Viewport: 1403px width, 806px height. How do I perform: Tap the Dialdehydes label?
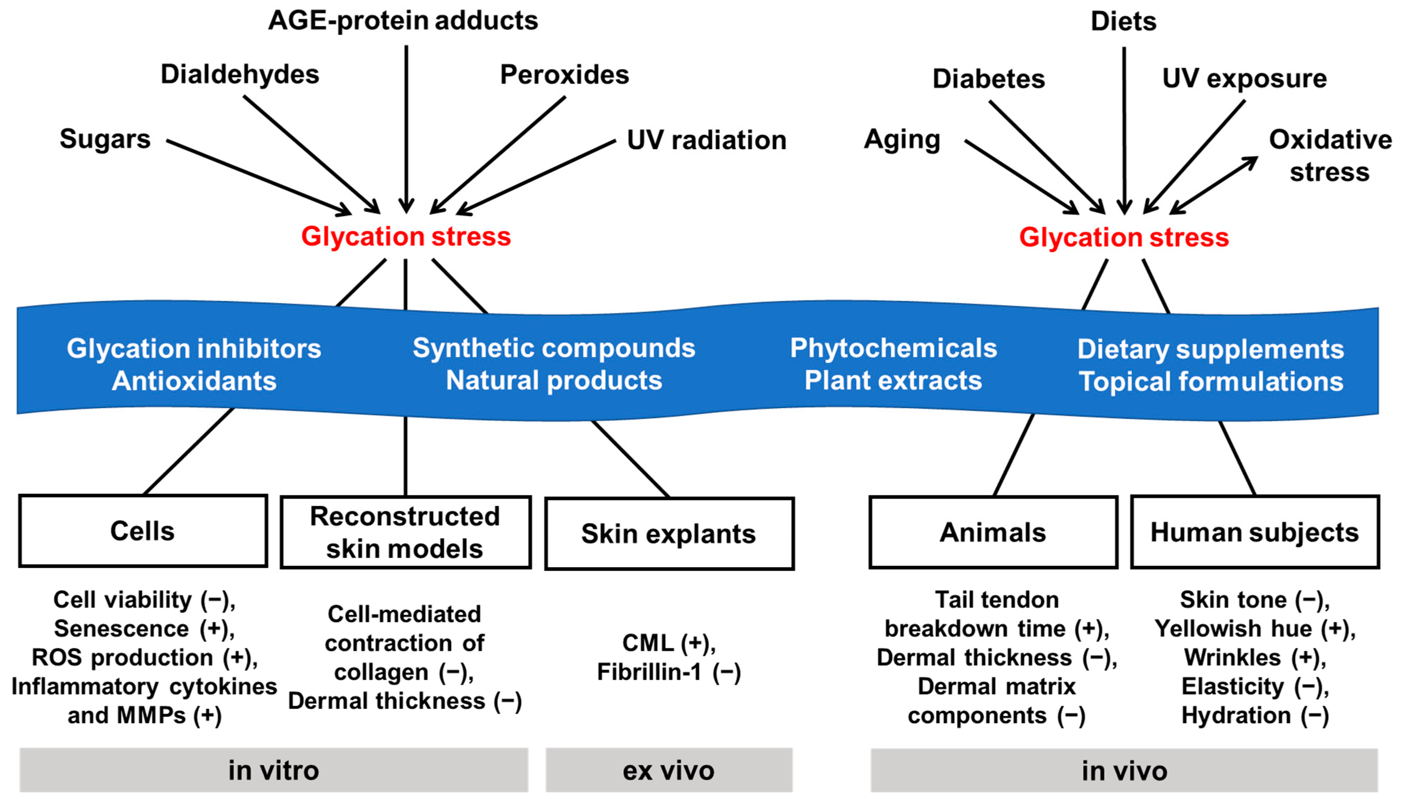(240, 74)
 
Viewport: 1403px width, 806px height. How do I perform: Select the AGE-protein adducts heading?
(403, 21)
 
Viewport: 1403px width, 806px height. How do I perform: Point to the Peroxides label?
(564, 75)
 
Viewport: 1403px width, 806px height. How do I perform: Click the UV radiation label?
(707, 139)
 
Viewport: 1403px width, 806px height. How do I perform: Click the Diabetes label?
(989, 79)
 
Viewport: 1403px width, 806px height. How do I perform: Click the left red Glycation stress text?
(406, 236)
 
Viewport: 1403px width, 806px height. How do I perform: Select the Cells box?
(143, 531)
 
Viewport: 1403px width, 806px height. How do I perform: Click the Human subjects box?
(1255, 532)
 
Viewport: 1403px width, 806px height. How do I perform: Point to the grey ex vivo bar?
(669, 770)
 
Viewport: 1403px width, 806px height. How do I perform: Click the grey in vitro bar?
(273, 770)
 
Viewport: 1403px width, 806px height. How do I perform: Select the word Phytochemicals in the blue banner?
(893, 348)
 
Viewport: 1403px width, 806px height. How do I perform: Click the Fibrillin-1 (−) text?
(669, 672)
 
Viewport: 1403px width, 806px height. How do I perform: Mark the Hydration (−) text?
(1255, 715)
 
